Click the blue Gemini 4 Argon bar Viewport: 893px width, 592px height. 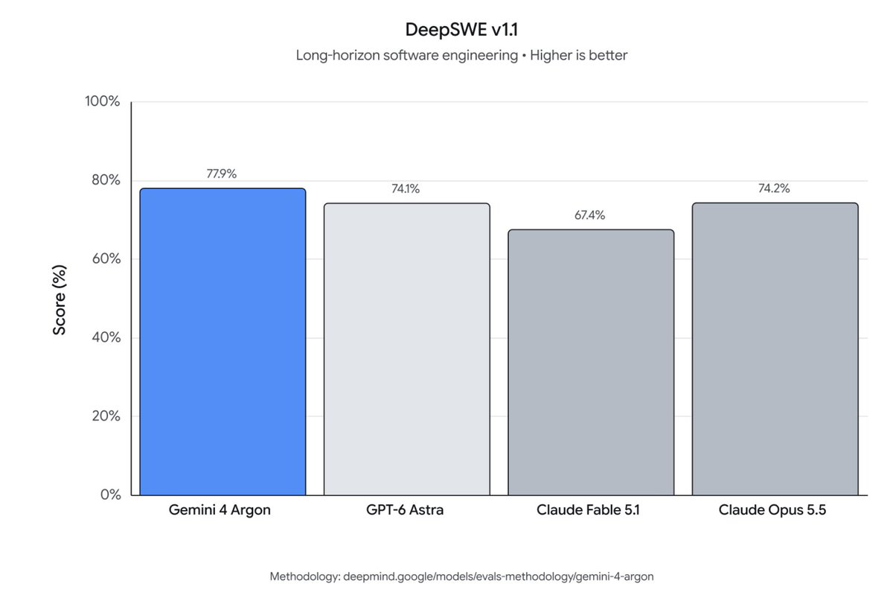click(223, 342)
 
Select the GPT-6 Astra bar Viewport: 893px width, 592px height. click(407, 349)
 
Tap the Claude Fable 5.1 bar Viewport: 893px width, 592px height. click(591, 363)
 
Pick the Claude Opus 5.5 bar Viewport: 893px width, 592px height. click(775, 349)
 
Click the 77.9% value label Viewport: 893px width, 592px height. click(221, 174)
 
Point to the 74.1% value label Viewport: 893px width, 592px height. click(406, 188)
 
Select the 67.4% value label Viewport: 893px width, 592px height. click(589, 215)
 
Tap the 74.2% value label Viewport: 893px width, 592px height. click(774, 188)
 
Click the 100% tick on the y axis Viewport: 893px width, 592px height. click(103, 101)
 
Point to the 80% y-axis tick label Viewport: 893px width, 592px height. click(106, 180)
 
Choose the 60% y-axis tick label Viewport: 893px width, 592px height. click(106, 258)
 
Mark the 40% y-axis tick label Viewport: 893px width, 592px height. click(106, 337)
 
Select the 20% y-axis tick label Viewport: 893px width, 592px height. click(106, 416)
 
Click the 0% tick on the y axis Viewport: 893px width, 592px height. click(110, 494)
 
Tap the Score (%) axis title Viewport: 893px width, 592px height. click(60, 299)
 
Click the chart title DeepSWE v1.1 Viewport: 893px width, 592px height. click(461, 30)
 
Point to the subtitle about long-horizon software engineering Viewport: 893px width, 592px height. click(461, 55)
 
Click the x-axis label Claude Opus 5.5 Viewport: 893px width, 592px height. click(772, 510)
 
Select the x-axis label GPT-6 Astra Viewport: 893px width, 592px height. click(405, 510)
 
